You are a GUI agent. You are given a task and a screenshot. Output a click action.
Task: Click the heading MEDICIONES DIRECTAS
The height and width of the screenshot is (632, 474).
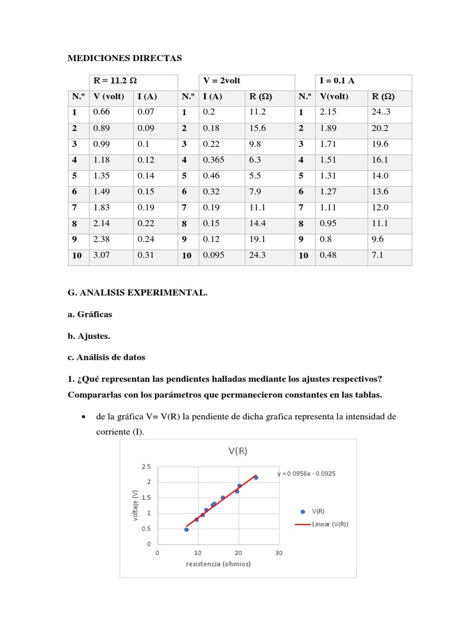[125, 58]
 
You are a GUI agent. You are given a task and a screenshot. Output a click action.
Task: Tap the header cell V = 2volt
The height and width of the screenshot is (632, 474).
[222, 81]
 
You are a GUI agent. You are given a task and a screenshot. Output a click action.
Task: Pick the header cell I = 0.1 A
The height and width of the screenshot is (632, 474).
[337, 81]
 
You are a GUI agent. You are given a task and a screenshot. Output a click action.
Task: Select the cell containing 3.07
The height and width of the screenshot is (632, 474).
[101, 254]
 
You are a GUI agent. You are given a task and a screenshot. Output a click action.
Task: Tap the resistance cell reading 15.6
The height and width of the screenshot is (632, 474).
[257, 128]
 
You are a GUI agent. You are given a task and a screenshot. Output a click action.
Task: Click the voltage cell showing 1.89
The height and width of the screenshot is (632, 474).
[329, 128]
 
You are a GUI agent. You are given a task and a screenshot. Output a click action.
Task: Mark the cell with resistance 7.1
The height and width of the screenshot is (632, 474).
[378, 254]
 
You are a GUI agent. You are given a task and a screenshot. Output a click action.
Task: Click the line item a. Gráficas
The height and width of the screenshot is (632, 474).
[90, 314]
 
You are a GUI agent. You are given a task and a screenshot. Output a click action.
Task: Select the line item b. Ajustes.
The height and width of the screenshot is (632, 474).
[89, 336]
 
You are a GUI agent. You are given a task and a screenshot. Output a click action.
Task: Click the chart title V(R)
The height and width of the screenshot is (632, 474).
[238, 451]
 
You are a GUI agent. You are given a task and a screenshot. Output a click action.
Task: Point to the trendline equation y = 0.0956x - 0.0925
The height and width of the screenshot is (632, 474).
[306, 474]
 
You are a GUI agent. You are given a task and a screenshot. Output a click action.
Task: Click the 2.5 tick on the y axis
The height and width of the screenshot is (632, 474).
[146, 466]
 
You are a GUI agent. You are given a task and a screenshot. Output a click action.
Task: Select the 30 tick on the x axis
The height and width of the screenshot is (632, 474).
[278, 553]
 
